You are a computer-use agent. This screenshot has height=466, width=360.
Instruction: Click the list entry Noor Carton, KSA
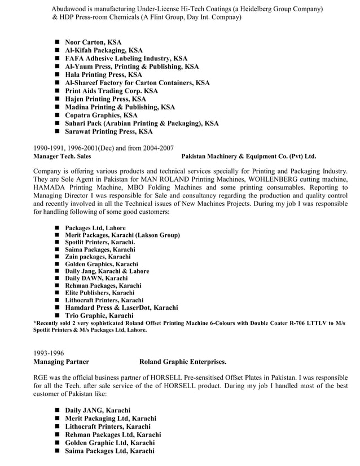pyautogui.click(x=93, y=42)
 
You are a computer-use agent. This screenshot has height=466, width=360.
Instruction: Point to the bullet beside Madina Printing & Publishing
pyautogui.click(x=58, y=107)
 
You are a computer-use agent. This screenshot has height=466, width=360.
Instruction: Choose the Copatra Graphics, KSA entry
pyautogui.click(x=101, y=115)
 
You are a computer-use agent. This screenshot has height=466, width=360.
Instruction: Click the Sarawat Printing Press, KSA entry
pyautogui.click(x=109, y=131)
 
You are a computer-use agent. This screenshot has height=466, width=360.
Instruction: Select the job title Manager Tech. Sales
pyautogui.click(x=62, y=156)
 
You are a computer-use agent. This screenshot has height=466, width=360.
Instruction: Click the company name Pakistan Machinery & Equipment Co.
pyautogui.click(x=249, y=156)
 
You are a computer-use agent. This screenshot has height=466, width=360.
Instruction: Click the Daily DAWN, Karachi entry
pyautogui.click(x=96, y=278)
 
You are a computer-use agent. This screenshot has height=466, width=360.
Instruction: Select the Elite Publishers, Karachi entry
pyautogui.click(x=99, y=293)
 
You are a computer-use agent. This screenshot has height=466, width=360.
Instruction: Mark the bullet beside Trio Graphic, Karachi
pyautogui.click(x=58, y=315)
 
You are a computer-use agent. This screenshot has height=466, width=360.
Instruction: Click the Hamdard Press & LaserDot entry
pyautogui.click(x=121, y=307)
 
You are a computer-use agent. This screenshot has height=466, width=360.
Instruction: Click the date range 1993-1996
pyautogui.click(x=49, y=353)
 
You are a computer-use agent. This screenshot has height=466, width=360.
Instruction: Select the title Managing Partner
pyautogui.click(x=61, y=362)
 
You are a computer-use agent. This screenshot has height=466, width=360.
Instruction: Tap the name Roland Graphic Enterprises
pyautogui.click(x=183, y=362)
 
